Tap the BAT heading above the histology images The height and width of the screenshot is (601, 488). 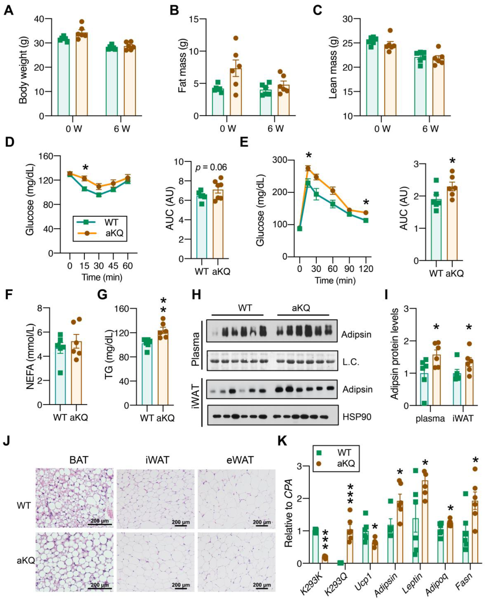pyautogui.click(x=79, y=460)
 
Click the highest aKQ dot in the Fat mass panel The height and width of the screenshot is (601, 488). pyautogui.click(x=236, y=38)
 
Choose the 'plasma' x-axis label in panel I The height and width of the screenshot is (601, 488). pyautogui.click(x=430, y=419)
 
